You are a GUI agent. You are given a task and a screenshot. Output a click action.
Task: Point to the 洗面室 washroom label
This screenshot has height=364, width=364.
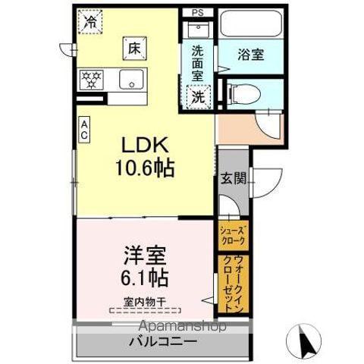197,63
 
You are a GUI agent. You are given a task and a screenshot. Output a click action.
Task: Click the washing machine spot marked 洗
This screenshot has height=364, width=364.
197,97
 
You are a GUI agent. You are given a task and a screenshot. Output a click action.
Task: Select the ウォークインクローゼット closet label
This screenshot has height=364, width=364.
231,283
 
